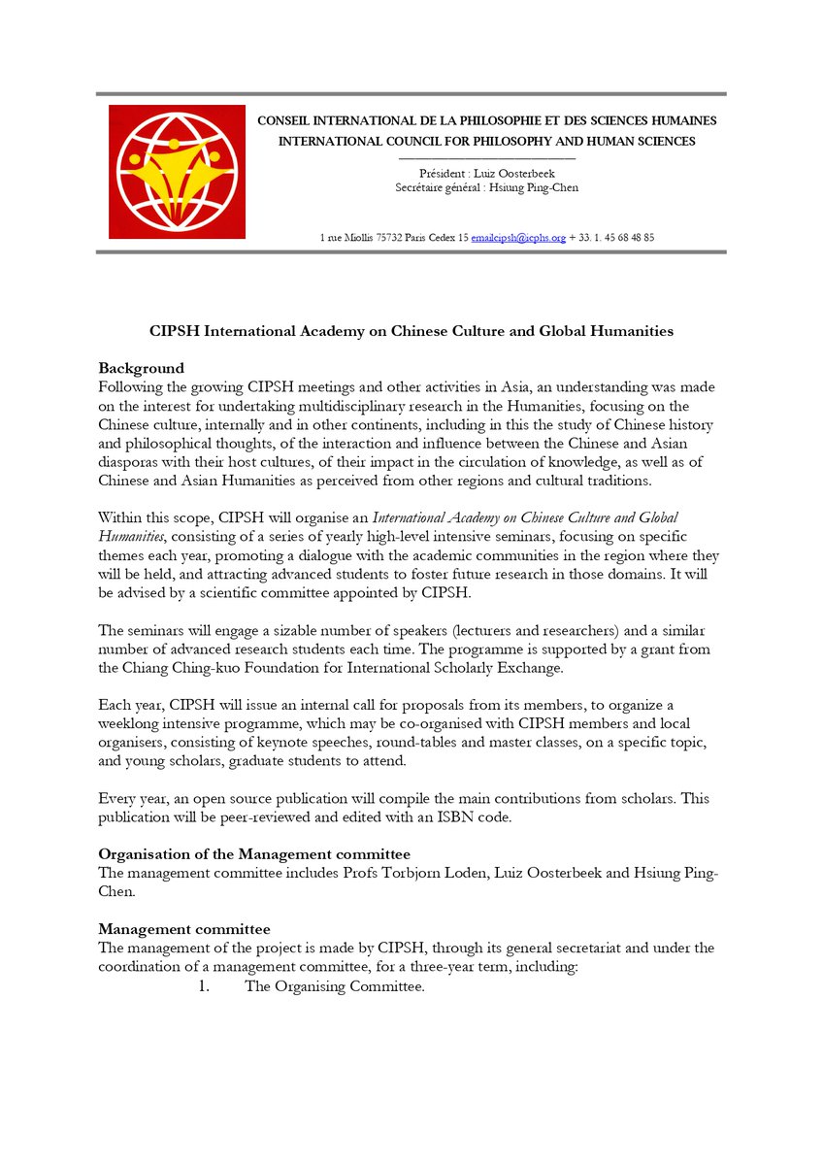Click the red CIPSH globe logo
[x=176, y=171]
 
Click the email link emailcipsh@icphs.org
[x=518, y=237]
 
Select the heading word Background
[x=141, y=368]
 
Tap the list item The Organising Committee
[x=335, y=987]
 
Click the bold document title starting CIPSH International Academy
[x=411, y=331]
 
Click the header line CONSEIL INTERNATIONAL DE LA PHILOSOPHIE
[x=486, y=121]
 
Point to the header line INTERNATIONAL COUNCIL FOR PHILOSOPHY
[x=486, y=141]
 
